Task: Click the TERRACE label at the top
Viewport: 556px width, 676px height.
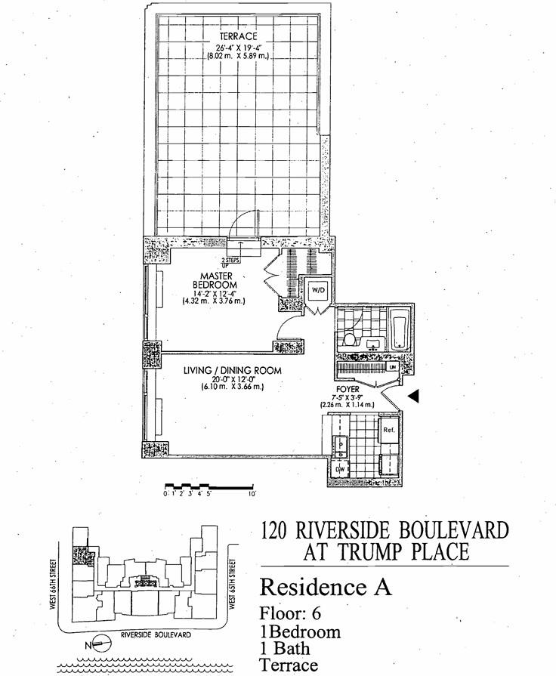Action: point(239,36)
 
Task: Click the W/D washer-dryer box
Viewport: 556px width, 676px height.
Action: point(315,290)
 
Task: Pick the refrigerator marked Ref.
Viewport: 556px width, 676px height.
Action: point(389,430)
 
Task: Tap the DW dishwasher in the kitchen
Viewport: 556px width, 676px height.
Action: point(341,469)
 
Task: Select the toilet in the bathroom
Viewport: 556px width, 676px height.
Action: point(348,339)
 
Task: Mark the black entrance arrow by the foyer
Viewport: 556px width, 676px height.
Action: point(412,395)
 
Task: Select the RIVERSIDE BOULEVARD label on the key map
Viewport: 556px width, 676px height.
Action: point(156,635)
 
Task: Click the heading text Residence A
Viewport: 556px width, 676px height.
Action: point(326,587)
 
